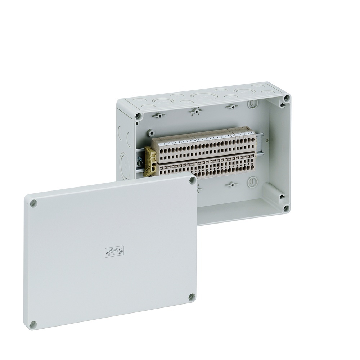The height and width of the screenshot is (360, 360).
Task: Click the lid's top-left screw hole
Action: pos(33,203)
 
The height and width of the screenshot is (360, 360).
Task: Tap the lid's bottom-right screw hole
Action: pos(192,297)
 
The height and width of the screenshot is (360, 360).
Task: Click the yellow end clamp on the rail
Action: pos(150,162)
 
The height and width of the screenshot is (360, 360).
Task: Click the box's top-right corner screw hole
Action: pos(286,98)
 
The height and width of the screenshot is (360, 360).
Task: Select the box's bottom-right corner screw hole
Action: pos(286,208)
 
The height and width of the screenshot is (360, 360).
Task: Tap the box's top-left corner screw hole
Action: pos(138,116)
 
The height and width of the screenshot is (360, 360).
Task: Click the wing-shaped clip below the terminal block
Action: pos(231,185)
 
